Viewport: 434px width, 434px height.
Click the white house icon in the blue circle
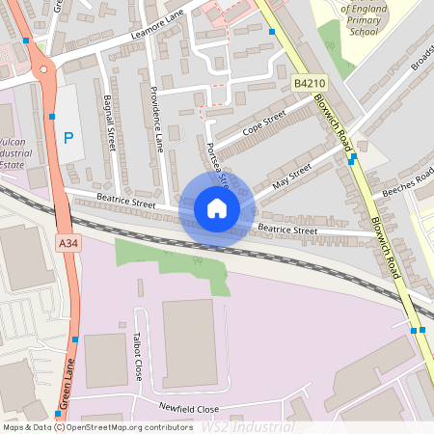click(x=217, y=207)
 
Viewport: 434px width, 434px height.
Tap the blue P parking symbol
click(x=68, y=138)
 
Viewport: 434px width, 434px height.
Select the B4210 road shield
click(x=306, y=85)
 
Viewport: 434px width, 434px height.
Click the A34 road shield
click(x=67, y=242)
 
